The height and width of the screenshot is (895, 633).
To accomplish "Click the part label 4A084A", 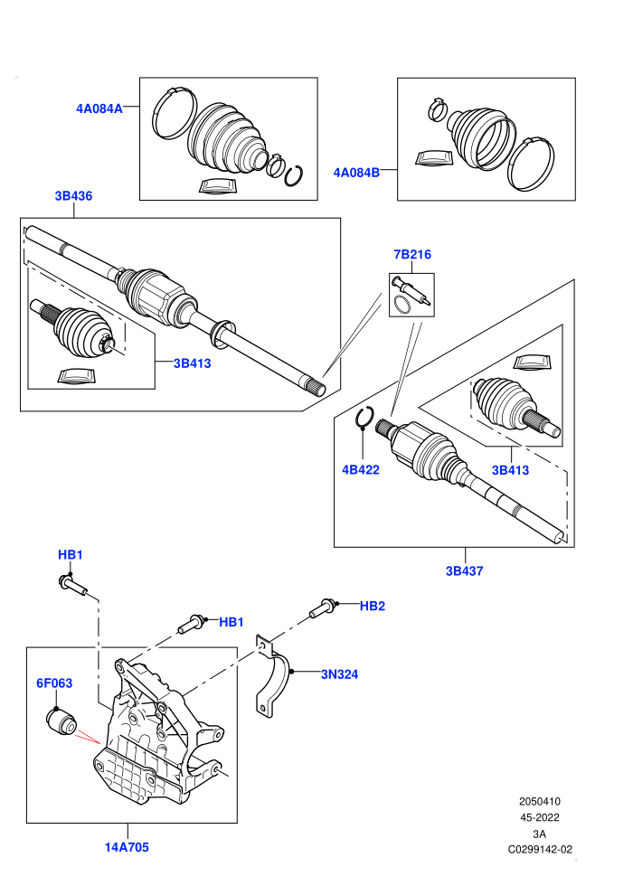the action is pyautogui.click(x=99, y=108).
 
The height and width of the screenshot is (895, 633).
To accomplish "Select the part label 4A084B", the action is pyautogui.click(x=356, y=173).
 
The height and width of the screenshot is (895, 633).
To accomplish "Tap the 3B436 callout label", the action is pyautogui.click(x=73, y=196).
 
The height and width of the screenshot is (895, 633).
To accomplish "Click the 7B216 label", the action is pyautogui.click(x=412, y=255).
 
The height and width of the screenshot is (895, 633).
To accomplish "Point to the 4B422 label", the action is pyautogui.click(x=361, y=470).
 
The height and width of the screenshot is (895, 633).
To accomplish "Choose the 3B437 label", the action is pyautogui.click(x=465, y=570).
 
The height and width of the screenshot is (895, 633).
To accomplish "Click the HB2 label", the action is pyautogui.click(x=373, y=607).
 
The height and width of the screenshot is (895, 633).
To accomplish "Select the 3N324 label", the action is pyautogui.click(x=340, y=674).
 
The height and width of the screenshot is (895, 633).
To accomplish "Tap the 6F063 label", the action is pyautogui.click(x=54, y=683).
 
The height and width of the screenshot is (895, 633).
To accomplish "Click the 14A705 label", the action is pyautogui.click(x=127, y=847).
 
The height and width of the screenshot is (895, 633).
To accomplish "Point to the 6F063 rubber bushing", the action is pyautogui.click(x=61, y=721).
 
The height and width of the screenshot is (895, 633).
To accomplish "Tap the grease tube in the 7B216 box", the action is pyautogui.click(x=412, y=290).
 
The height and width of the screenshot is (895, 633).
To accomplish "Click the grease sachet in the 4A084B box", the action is pyautogui.click(x=434, y=159).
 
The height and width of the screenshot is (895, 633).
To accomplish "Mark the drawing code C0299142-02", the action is pyautogui.click(x=540, y=850).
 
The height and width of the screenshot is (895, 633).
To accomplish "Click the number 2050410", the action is pyautogui.click(x=539, y=801).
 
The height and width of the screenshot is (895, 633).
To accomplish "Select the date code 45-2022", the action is pyautogui.click(x=539, y=817).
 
